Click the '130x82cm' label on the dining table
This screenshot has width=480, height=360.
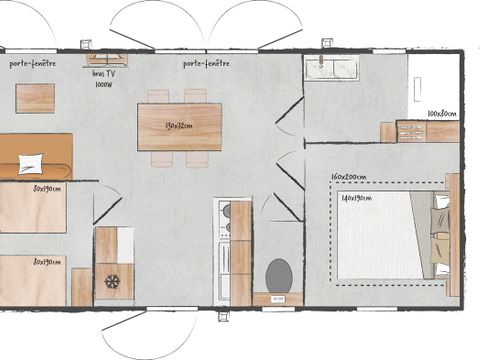[x=179, y=126]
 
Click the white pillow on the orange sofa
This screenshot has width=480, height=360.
[x=31, y=163]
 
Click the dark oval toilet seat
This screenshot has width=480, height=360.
[x=279, y=272]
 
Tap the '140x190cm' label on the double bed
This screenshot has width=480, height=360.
[x=356, y=198]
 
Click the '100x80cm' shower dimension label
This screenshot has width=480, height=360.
[x=441, y=114]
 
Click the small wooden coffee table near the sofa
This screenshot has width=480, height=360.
[x=35, y=97]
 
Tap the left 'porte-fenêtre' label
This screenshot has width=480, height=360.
[x=32, y=63]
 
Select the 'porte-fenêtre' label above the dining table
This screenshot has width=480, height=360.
[x=206, y=63]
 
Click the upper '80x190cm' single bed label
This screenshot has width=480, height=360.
[x=46, y=188]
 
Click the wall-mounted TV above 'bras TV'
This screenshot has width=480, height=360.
[x=106, y=58]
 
